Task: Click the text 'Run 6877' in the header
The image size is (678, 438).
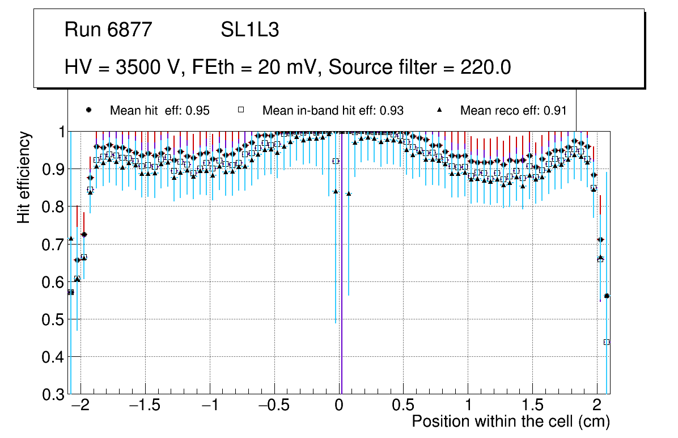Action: click(x=108, y=30)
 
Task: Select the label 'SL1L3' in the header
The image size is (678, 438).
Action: click(x=249, y=30)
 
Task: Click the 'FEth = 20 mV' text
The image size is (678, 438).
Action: click(x=257, y=68)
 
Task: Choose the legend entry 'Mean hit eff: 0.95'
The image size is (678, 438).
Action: click(x=159, y=111)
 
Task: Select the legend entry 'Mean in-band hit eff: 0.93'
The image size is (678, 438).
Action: click(x=333, y=111)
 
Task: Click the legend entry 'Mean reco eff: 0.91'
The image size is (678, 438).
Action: click(x=513, y=111)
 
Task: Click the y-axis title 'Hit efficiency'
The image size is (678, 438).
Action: click(x=24, y=177)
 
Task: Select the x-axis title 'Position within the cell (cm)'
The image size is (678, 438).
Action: click(x=511, y=422)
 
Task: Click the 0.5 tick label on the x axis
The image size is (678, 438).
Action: click(x=403, y=406)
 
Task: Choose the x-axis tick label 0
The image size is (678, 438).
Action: click(x=338, y=406)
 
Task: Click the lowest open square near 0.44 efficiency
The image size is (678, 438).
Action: click(x=607, y=342)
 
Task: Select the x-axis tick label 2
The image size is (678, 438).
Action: click(x=597, y=406)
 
